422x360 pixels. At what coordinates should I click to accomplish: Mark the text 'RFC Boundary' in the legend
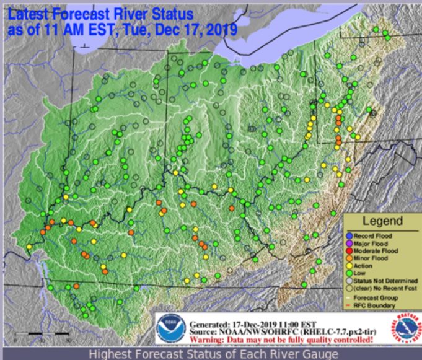click(x=380, y=304)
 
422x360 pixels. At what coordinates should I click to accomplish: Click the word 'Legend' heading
click(x=382, y=221)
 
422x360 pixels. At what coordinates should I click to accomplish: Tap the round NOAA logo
click(x=170, y=329)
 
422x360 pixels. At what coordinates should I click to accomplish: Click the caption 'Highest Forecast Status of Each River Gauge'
click(x=211, y=354)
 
